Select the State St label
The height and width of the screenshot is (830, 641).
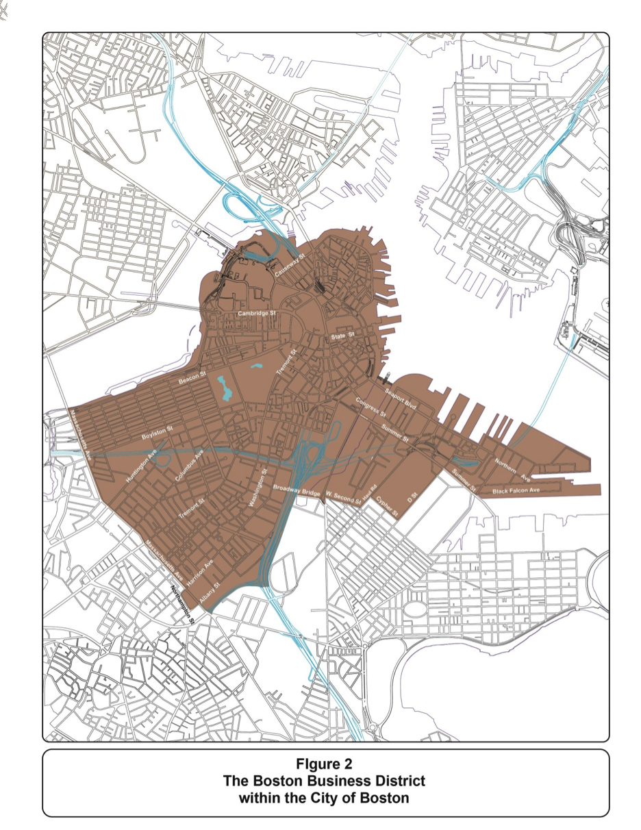(341, 336)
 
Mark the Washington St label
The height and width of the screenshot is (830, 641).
(259, 487)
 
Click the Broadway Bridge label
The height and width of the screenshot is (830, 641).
(297, 490)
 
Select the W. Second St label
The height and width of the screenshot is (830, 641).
(344, 497)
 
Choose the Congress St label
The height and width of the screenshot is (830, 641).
(370, 408)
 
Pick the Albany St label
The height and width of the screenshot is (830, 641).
(208, 592)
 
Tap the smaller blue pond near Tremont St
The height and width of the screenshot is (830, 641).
(257, 368)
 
